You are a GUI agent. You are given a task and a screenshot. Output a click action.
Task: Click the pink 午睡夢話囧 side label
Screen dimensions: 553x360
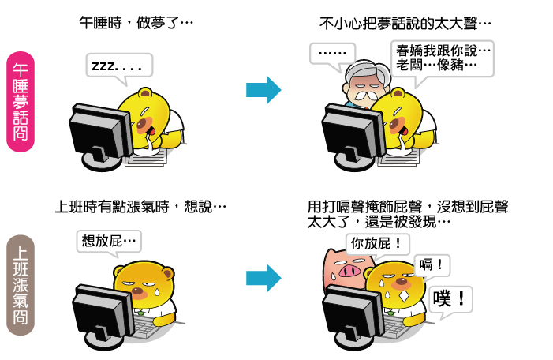point(21,102)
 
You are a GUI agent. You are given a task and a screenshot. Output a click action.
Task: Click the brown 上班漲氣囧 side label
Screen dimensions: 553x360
point(21,285)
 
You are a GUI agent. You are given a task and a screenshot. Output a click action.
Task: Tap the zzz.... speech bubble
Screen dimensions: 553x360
point(119,66)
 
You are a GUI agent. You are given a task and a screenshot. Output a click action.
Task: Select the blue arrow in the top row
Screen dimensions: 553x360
point(263,90)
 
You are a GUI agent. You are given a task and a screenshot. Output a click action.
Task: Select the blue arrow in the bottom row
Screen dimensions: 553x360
point(263,278)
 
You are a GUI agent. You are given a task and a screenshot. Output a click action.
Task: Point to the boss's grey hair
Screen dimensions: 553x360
point(368,73)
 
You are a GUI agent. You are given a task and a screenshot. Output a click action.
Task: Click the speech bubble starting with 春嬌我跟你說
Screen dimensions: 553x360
point(443,59)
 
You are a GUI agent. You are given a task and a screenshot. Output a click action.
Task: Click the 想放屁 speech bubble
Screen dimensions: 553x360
point(109,242)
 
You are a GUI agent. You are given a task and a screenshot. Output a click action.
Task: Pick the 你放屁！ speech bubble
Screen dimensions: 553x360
point(377,244)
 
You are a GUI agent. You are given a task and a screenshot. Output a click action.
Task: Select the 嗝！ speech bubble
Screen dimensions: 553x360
point(432,265)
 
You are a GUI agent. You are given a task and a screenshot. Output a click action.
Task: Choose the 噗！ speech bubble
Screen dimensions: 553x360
point(450,299)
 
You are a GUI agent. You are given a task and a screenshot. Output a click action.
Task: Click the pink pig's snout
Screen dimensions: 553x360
point(349,272)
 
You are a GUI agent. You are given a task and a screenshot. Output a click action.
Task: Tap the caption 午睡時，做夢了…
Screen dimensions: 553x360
point(136,23)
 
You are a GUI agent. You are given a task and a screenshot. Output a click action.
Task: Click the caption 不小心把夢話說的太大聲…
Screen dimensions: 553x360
point(405,24)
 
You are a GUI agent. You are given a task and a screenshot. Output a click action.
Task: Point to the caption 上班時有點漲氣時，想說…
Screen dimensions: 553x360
point(140,207)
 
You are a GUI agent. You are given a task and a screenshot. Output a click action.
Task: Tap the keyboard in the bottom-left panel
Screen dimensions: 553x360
point(144,327)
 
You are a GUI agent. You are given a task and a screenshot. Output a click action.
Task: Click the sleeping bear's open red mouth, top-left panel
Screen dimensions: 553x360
point(153,131)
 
